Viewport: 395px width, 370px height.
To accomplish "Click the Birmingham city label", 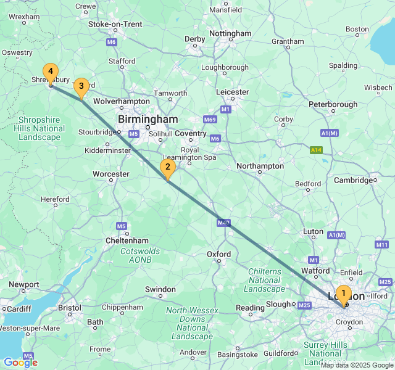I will [148, 119].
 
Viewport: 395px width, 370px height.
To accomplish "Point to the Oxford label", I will [218, 254].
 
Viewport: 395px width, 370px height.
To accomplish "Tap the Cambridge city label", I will [354, 180].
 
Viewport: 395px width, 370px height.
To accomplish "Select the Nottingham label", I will [230, 33].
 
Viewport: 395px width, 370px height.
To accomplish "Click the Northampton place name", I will [260, 166].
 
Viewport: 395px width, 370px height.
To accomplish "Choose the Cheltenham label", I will [126, 240].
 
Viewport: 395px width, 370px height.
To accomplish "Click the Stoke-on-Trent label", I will [115, 24].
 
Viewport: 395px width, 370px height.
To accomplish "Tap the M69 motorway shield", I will [210, 119].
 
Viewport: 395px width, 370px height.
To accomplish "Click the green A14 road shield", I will [317, 150].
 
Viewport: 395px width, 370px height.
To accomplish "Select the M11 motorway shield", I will [382, 245].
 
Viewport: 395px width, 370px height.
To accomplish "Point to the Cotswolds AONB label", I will [140, 255].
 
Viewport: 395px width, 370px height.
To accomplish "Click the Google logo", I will [20, 363].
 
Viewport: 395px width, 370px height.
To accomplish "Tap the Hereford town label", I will [55, 200].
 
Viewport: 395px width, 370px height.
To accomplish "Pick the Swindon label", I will [160, 289].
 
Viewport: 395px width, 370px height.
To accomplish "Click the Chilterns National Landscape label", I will [265, 280].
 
